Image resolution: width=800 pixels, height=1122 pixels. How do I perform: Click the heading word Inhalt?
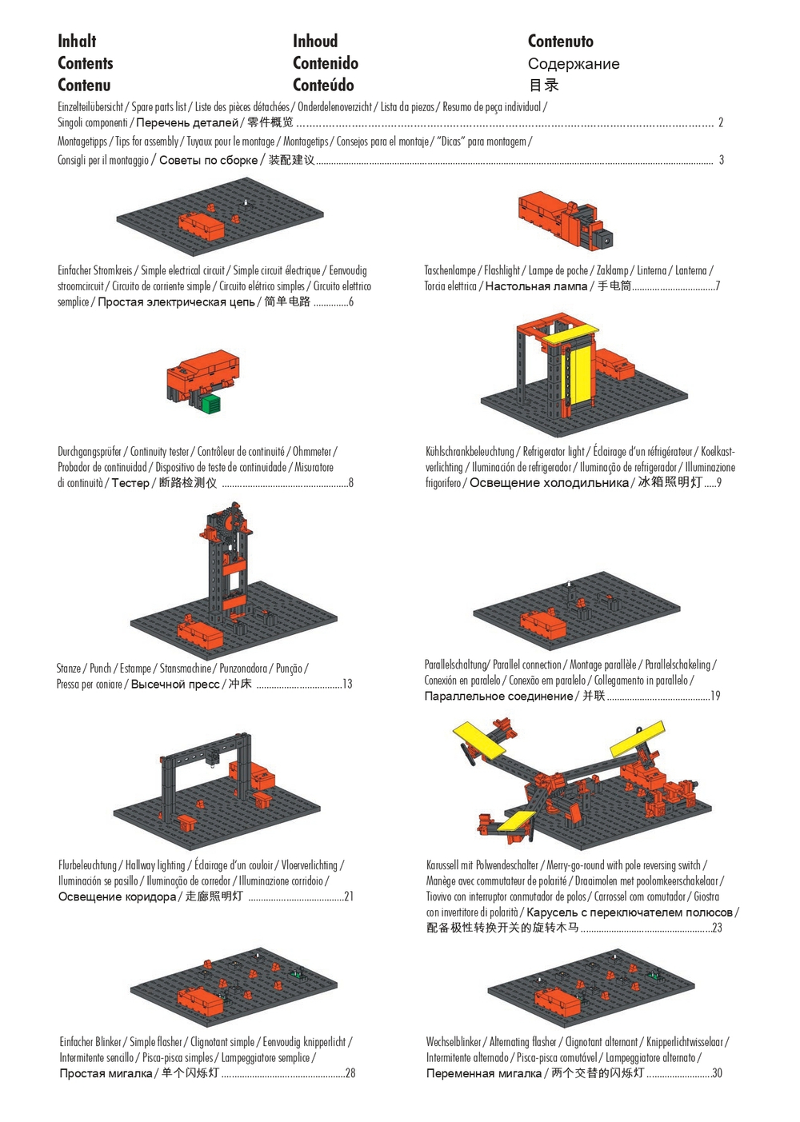[x=77, y=41]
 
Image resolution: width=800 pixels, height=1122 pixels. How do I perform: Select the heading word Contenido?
[x=325, y=63]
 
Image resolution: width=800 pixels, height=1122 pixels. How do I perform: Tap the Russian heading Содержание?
[x=573, y=64]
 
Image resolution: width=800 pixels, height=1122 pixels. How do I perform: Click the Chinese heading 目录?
[x=543, y=85]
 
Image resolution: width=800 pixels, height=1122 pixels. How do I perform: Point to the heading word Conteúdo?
[x=323, y=85]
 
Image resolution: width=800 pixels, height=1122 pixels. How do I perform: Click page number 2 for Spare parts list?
[x=720, y=122]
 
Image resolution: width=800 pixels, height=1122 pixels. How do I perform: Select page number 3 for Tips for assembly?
[x=722, y=160]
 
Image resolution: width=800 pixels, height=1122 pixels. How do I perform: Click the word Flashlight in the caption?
[x=502, y=270]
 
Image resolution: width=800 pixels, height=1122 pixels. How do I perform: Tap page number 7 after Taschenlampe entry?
[x=718, y=286]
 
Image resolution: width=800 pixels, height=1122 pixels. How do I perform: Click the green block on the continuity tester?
[x=211, y=403]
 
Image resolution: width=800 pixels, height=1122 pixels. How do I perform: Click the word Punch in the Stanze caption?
[x=100, y=669]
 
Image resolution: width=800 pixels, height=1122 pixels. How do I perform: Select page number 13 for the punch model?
[x=347, y=684]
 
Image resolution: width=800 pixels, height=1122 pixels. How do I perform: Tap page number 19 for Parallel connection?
[x=715, y=696]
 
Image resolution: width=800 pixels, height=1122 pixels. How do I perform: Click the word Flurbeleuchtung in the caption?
[x=87, y=865]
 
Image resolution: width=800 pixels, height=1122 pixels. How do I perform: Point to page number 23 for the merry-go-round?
[x=717, y=928]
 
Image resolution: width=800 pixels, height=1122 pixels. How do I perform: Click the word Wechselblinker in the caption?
[x=454, y=1042]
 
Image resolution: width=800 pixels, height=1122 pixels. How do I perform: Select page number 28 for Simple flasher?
[x=350, y=1073]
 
